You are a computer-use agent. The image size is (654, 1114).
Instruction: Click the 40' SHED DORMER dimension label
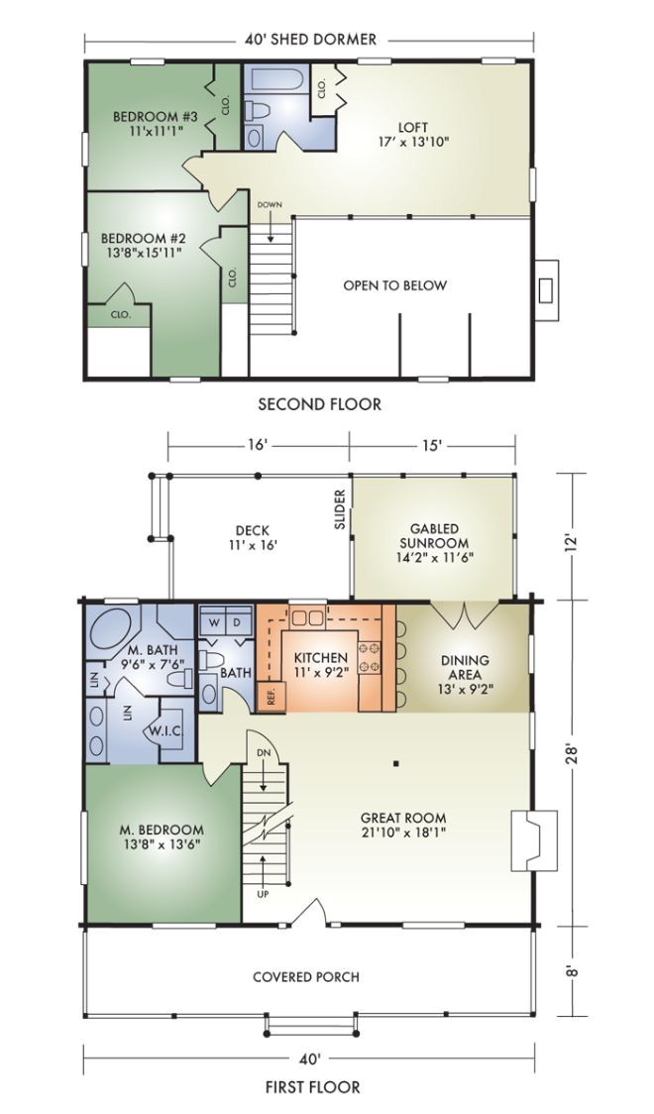(310, 39)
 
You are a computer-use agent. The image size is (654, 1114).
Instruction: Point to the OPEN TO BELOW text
(394, 285)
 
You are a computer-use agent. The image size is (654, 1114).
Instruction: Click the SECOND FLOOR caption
(319, 404)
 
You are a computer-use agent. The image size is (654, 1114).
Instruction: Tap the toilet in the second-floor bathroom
(256, 110)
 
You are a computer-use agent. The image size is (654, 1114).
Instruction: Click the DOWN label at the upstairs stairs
(270, 204)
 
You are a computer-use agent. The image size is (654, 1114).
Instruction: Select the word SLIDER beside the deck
(340, 508)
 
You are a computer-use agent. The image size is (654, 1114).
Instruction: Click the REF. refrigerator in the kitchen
(271, 696)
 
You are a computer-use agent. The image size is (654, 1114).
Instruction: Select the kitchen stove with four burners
(370, 658)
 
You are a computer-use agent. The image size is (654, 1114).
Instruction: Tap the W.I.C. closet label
(165, 731)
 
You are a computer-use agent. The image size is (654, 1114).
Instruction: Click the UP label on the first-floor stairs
(263, 894)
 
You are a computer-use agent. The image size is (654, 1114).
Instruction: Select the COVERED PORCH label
(306, 977)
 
